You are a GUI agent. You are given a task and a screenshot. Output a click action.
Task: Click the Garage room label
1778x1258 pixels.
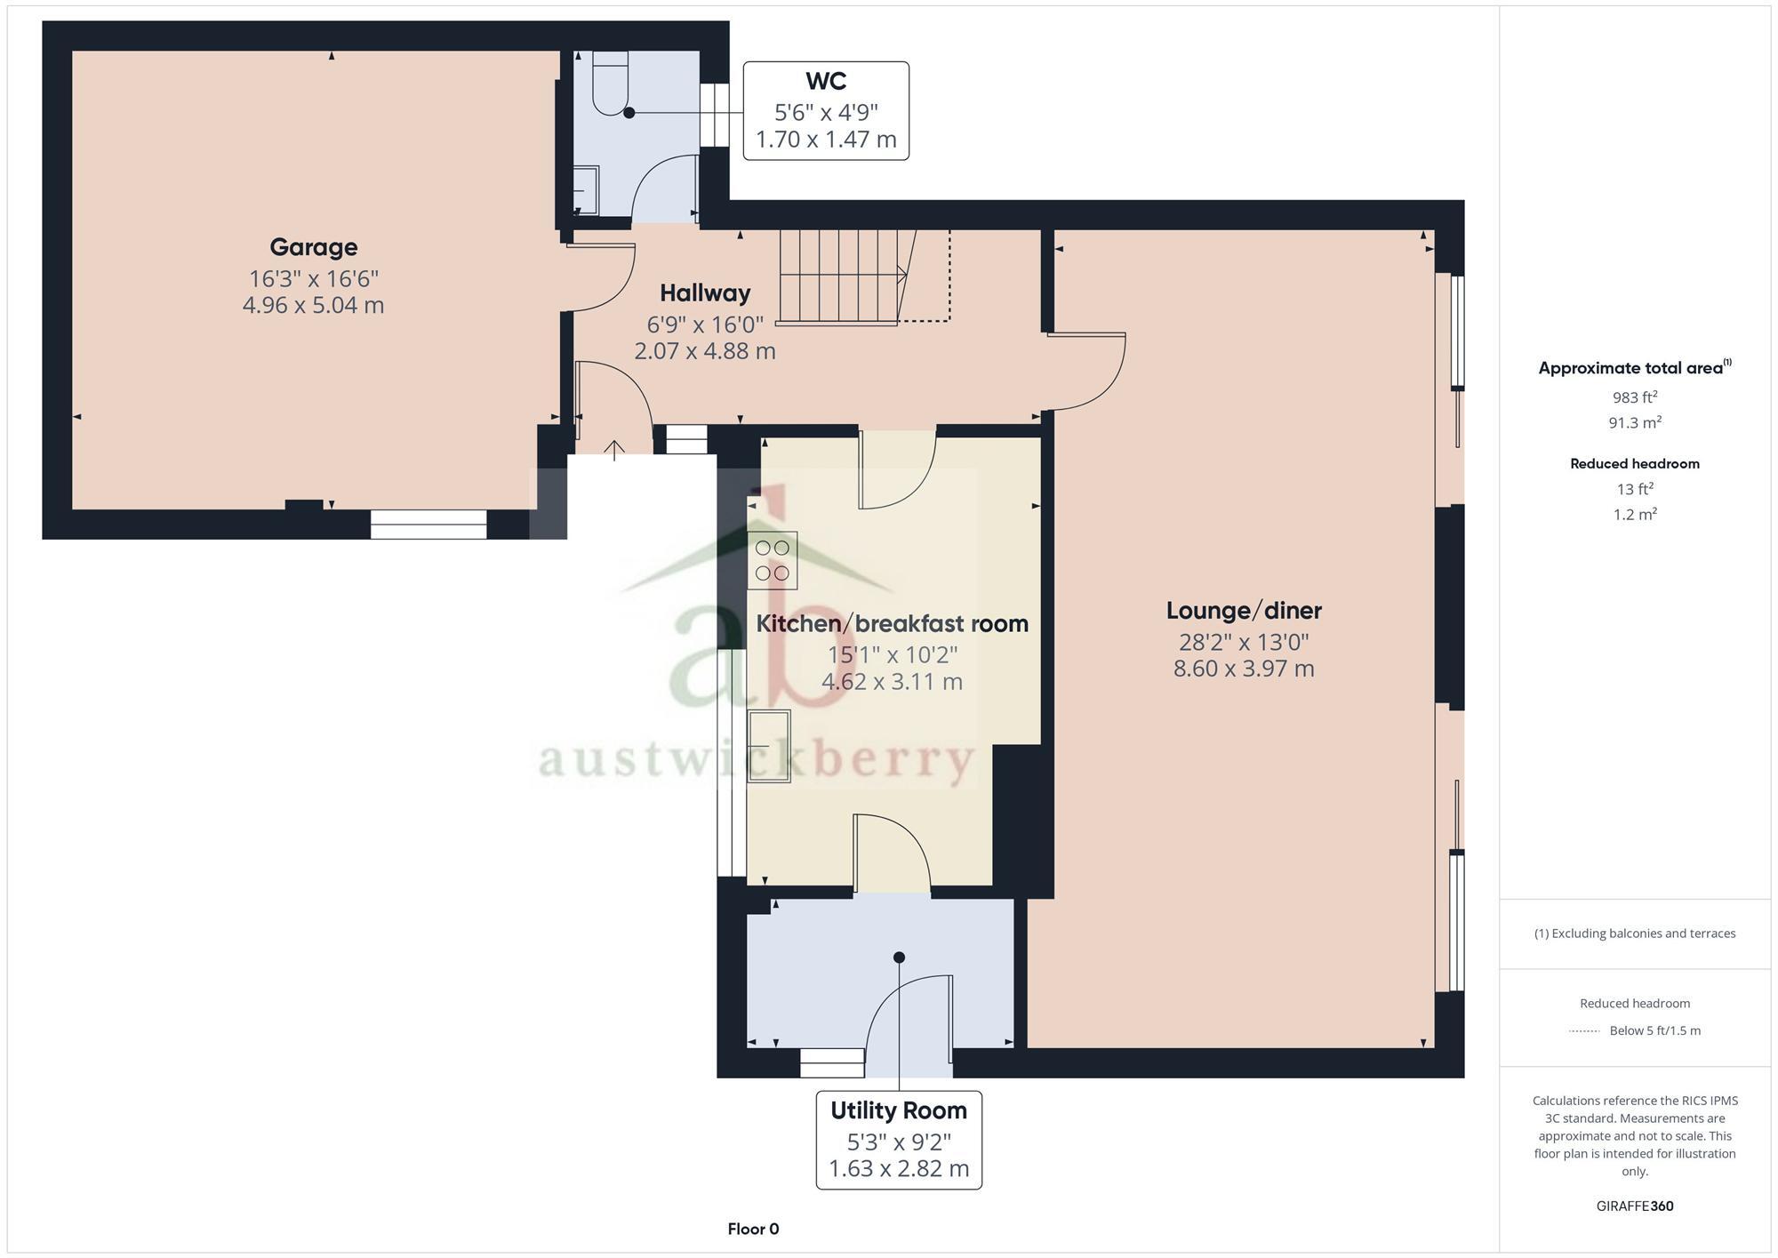click(313, 247)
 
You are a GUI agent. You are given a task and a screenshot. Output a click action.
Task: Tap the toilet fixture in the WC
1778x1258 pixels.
click(610, 84)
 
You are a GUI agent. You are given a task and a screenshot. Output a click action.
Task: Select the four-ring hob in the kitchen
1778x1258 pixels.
click(772, 561)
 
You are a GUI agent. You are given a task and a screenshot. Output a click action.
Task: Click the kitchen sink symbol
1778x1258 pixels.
click(769, 746)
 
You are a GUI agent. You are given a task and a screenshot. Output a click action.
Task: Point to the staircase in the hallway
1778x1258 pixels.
click(840, 276)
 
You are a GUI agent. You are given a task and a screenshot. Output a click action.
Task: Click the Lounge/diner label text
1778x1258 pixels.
click(1243, 611)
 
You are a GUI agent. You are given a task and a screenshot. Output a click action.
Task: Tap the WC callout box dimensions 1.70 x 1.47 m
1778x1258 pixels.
click(825, 140)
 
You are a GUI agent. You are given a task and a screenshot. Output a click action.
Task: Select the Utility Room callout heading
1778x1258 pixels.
click(898, 1110)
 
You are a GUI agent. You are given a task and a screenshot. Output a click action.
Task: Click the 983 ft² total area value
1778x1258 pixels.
click(1634, 397)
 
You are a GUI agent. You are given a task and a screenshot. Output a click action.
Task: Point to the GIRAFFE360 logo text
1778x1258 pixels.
click(1634, 1206)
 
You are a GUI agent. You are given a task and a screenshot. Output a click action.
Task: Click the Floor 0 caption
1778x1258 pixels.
click(753, 1230)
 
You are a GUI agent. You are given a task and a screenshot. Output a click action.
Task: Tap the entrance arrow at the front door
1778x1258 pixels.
click(614, 449)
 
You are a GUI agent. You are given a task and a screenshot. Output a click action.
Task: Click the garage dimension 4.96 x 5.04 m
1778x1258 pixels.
click(313, 305)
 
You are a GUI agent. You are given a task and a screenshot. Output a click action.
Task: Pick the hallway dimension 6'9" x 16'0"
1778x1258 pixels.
click(704, 324)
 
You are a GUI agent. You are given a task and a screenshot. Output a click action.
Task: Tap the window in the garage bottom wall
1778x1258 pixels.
click(428, 524)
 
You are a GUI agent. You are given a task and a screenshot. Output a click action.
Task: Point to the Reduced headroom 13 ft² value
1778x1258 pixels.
click(1634, 489)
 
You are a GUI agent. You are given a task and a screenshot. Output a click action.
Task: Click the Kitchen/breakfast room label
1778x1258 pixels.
click(892, 624)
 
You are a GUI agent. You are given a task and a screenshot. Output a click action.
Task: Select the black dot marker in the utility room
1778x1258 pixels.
click(899, 958)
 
